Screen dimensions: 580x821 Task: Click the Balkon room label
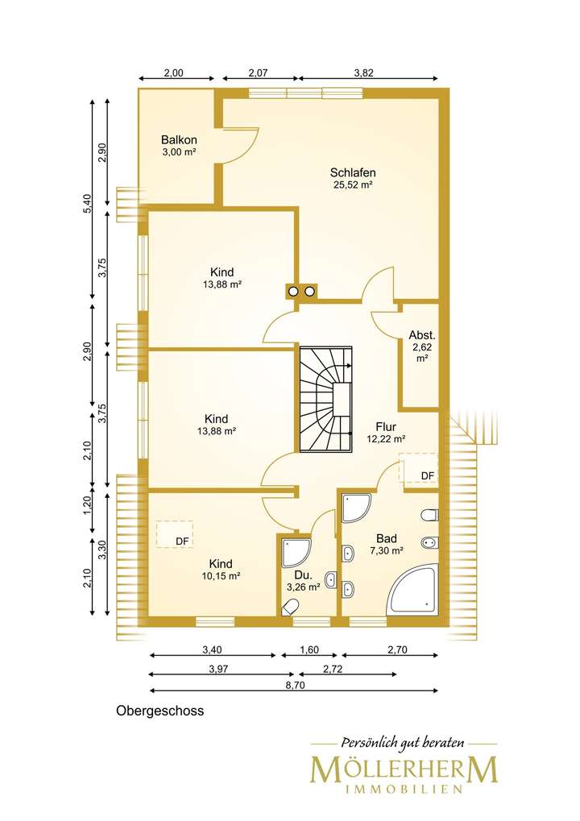click(x=179, y=140)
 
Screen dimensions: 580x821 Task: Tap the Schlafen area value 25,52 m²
click(x=353, y=185)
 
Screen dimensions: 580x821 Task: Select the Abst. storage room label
click(x=422, y=335)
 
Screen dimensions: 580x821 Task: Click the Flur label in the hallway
click(x=386, y=427)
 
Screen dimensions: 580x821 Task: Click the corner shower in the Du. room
click(x=296, y=553)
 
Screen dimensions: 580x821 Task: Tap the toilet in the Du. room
click(x=290, y=608)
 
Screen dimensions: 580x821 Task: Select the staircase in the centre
click(x=325, y=398)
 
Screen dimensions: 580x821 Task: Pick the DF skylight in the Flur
click(x=418, y=469)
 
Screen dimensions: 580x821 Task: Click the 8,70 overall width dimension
click(x=294, y=686)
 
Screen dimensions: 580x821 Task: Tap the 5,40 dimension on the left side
click(x=88, y=204)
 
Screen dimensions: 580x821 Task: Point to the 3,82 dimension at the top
click(x=364, y=73)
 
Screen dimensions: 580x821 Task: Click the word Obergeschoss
click(x=160, y=711)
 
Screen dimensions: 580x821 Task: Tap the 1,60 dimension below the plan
click(x=309, y=649)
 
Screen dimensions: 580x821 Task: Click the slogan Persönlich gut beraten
click(x=403, y=743)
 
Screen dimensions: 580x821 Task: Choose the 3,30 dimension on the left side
click(x=102, y=549)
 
